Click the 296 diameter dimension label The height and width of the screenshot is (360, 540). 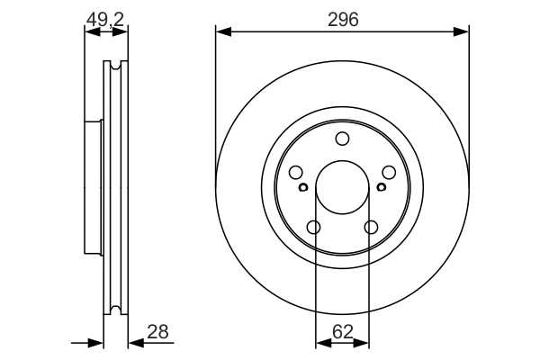[x=343, y=20]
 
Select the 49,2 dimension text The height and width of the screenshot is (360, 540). [x=105, y=20]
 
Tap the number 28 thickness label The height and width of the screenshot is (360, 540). [x=157, y=332]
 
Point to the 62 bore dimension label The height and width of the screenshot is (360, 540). [x=343, y=332]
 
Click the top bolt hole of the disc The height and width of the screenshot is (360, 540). [x=342, y=139]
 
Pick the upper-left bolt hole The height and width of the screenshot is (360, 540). [x=296, y=172]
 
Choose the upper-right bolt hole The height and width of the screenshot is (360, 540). [x=389, y=172]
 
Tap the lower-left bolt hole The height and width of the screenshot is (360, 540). [x=314, y=228]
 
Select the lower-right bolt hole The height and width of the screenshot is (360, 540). [x=371, y=228]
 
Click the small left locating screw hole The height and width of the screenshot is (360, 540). [x=303, y=187]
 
